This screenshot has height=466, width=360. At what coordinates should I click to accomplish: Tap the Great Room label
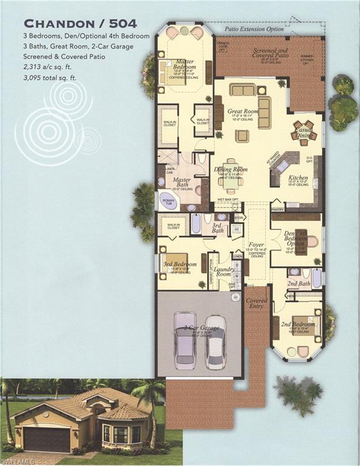pos(243,112)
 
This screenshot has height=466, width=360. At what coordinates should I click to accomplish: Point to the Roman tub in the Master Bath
pos(168,201)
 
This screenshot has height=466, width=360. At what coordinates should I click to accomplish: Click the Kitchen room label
pos(297,178)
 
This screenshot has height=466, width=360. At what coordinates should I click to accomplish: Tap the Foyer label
pos(256,245)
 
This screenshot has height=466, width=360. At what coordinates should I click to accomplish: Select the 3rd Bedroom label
pos(177,265)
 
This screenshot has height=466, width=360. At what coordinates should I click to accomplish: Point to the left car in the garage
pos(185,340)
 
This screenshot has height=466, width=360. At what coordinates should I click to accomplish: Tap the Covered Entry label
pos(257,304)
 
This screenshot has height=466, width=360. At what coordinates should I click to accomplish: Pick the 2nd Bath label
pos(299,283)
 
